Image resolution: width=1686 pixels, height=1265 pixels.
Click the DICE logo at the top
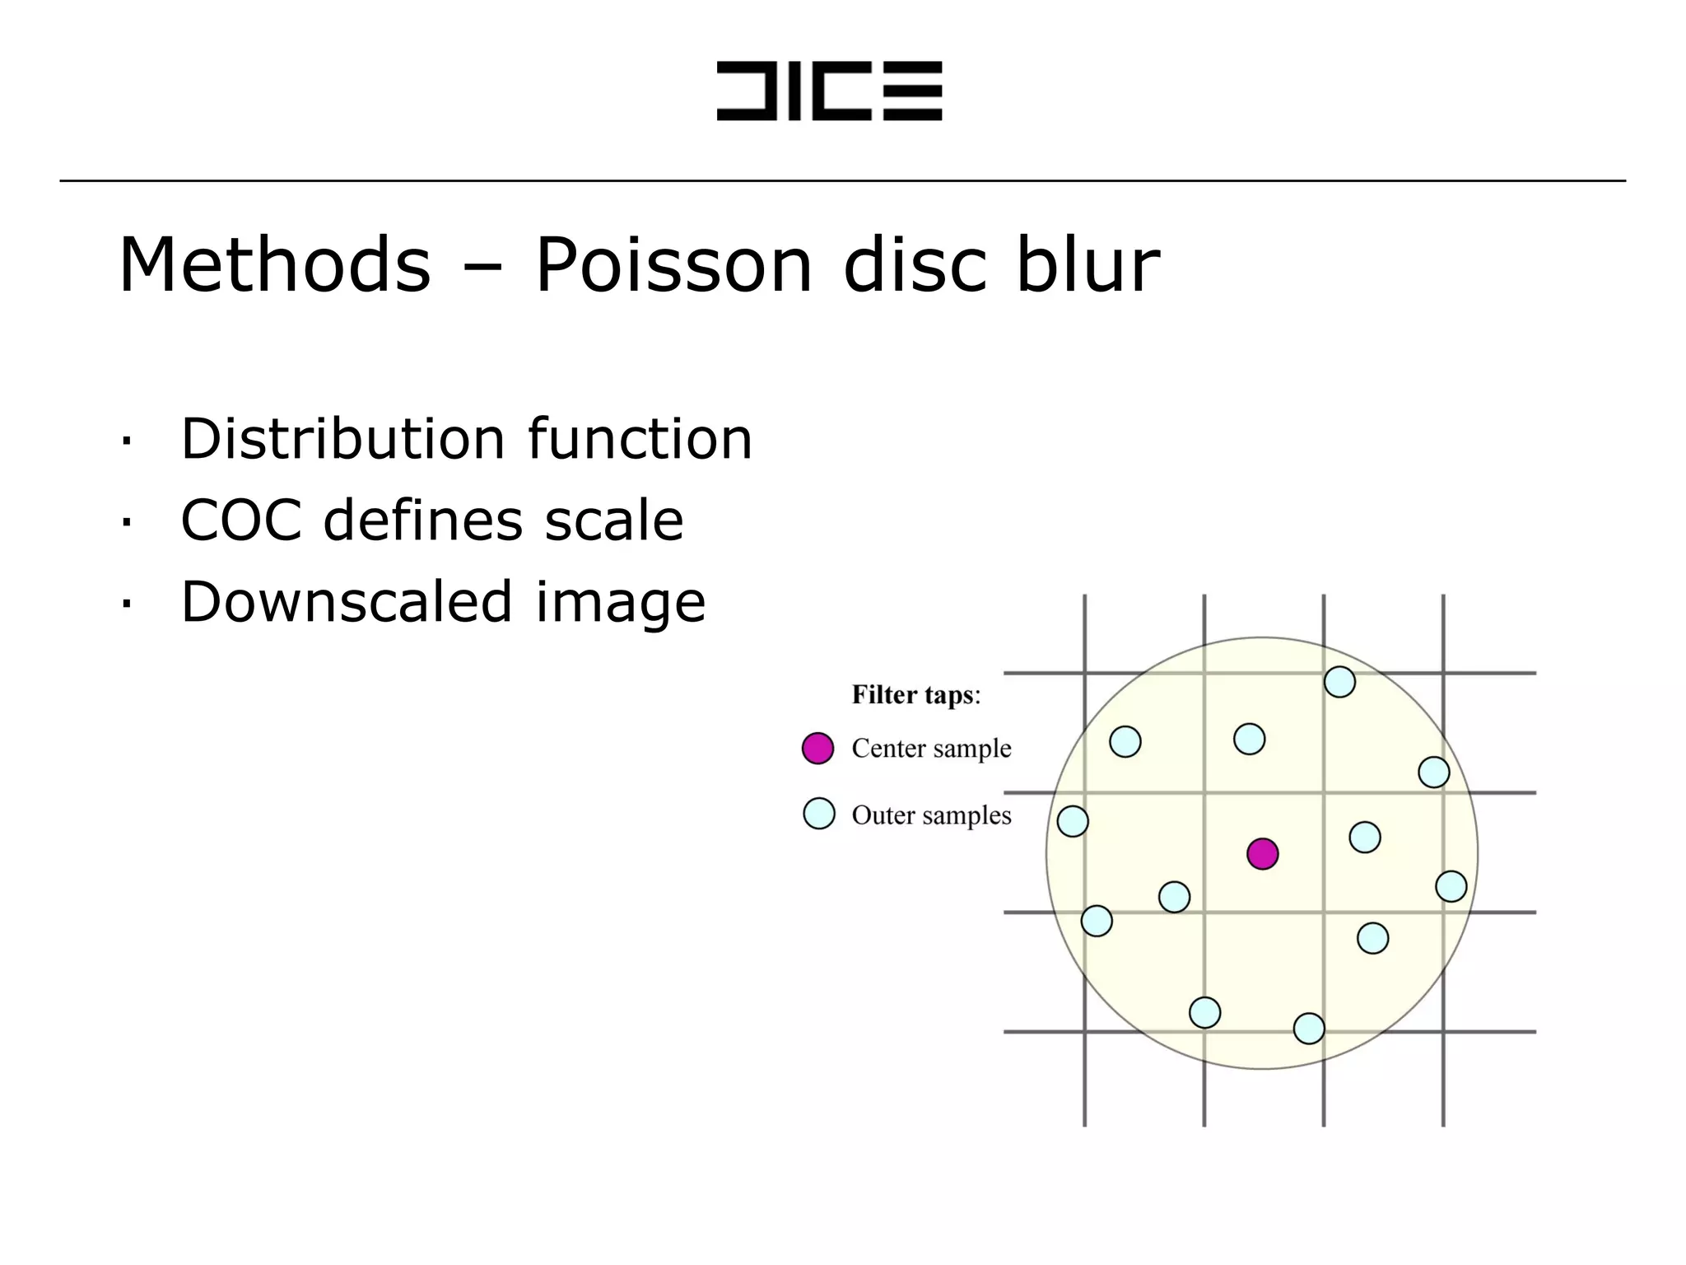point(829,91)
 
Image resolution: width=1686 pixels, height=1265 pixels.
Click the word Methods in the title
point(274,265)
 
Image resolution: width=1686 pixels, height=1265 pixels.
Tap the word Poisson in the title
point(673,265)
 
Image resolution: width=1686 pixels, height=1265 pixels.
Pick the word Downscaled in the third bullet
point(347,601)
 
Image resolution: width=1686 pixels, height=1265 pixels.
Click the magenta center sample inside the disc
point(1262,854)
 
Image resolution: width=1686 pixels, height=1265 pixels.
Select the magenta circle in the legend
point(817,749)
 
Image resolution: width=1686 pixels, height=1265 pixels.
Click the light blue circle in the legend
point(818,814)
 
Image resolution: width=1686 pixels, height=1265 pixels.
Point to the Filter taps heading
point(915,695)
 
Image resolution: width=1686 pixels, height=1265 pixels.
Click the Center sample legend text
point(931,749)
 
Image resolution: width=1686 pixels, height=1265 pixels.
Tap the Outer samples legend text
point(931,815)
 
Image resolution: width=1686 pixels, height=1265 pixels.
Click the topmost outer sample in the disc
point(1339,682)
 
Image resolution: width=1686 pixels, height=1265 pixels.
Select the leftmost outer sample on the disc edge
point(1073,821)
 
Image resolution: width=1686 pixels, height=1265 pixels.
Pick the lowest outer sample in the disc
point(1309,1028)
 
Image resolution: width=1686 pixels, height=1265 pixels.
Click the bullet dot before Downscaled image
point(126,604)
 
